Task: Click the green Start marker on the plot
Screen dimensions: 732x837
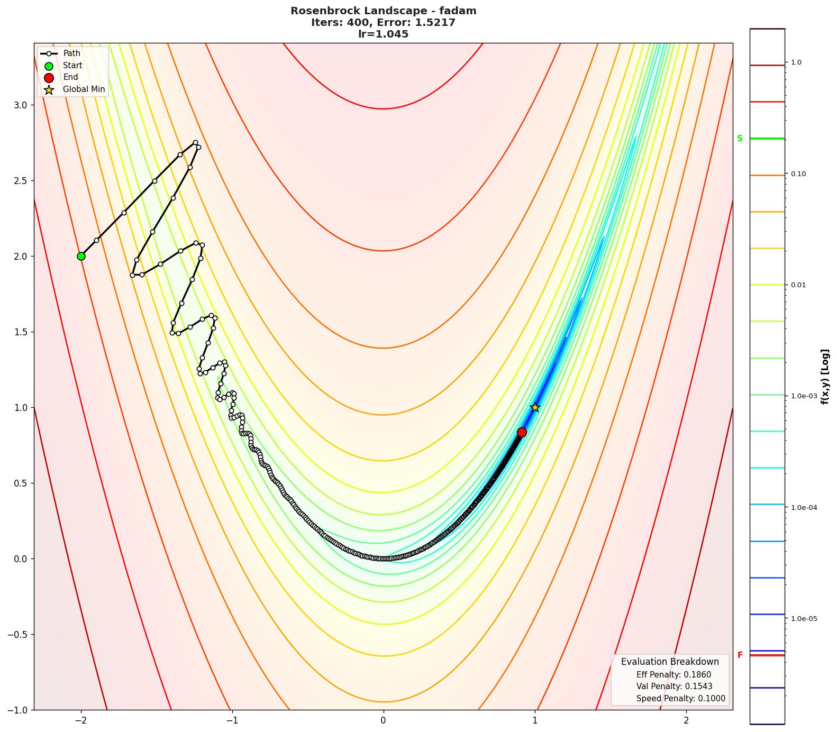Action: (81, 256)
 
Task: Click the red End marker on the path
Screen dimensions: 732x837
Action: (522, 432)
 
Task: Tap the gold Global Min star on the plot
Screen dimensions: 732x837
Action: (535, 407)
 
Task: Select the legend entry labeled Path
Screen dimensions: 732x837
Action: (71, 53)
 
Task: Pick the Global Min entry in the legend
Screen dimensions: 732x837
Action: (84, 89)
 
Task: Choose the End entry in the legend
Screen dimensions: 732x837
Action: (70, 77)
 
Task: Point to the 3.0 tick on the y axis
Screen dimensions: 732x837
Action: (20, 105)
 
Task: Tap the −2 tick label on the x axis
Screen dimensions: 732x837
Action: (81, 720)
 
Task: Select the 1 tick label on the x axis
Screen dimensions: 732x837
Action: (535, 720)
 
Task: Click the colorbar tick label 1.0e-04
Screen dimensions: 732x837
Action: (804, 508)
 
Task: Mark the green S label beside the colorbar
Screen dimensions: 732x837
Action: (740, 139)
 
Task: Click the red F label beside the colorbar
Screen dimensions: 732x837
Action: (740, 655)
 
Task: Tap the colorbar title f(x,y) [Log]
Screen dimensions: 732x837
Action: (825, 377)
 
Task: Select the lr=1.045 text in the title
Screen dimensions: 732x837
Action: (383, 34)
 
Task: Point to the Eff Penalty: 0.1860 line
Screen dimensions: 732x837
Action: (674, 675)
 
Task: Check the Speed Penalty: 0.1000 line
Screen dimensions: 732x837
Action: (681, 699)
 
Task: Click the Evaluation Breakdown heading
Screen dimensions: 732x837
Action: (670, 662)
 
